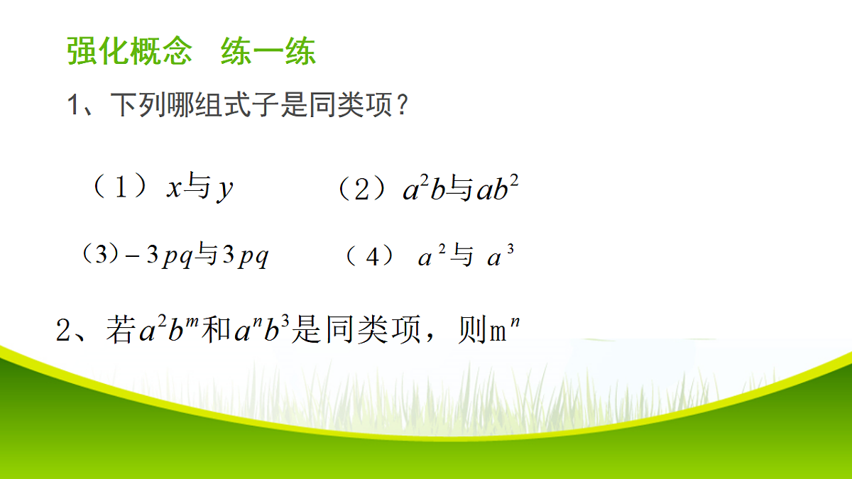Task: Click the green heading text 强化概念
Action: tap(129, 53)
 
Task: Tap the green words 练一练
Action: tap(268, 53)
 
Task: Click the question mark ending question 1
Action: tap(402, 106)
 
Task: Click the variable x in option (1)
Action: tap(174, 189)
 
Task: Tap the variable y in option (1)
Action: tap(225, 191)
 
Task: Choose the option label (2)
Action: tap(362, 189)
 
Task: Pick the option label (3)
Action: tap(99, 254)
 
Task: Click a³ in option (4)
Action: tap(500, 257)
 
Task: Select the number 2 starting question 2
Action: tap(64, 331)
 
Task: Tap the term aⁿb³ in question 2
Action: tap(260, 331)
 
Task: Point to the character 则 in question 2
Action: tap(471, 331)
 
